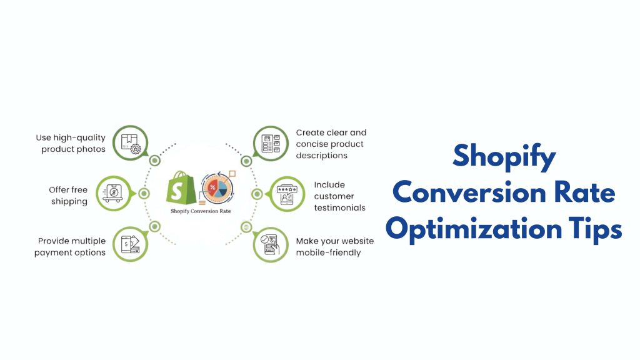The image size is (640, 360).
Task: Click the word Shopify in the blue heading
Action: pos(504,156)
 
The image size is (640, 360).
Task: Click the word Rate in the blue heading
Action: pos(587,192)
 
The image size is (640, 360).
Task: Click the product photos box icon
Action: pos(130,142)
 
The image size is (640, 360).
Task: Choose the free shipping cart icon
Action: pos(113,193)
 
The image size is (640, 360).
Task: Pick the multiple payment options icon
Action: pos(130,244)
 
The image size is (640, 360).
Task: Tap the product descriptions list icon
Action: pos(270,142)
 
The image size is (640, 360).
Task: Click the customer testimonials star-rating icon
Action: pos(287,193)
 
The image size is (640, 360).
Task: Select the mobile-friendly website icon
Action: pos(270,244)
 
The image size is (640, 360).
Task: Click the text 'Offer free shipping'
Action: pos(68,195)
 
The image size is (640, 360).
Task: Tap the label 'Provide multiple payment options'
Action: pos(70,246)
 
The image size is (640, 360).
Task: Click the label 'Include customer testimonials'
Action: pos(339,196)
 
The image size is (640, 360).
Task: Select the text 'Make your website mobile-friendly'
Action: pos(334,246)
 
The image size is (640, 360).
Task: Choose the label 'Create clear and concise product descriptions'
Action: pos(331,144)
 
